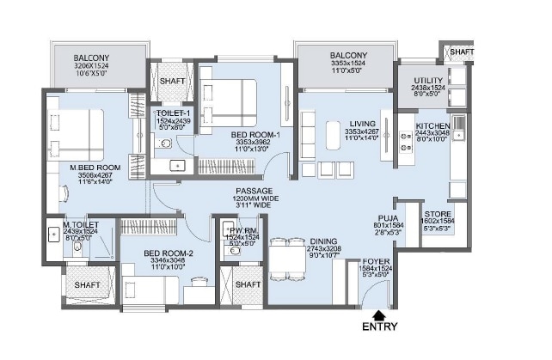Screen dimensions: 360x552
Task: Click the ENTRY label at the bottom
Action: [379, 326]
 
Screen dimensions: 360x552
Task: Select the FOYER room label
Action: [377, 260]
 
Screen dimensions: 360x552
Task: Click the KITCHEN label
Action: [432, 125]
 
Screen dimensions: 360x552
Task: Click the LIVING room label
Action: [349, 124]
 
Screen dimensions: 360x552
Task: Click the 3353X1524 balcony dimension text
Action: [348, 64]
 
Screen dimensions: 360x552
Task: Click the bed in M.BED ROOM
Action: [75, 130]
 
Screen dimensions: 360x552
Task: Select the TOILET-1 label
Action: [175, 113]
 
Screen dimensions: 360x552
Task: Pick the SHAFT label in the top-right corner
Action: [462, 52]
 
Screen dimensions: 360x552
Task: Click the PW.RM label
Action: [235, 229]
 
